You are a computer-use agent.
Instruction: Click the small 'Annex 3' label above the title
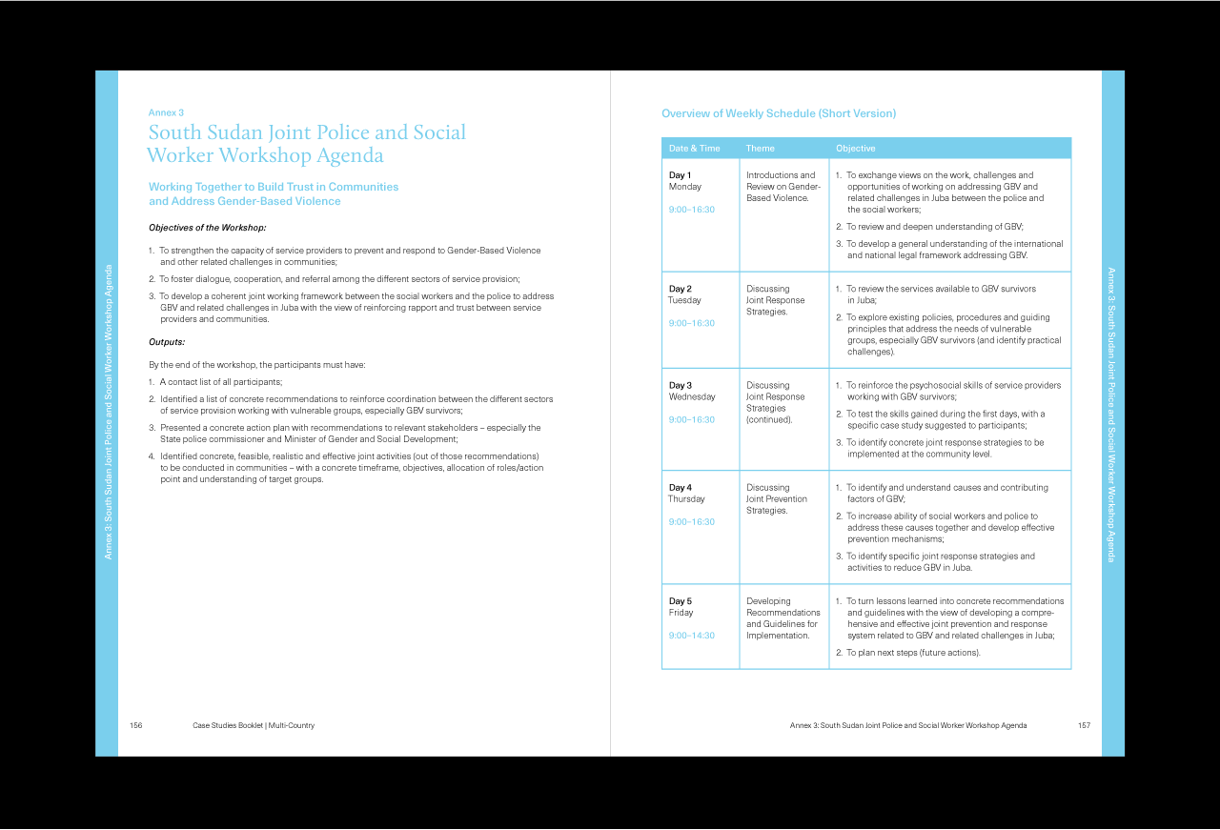click(166, 112)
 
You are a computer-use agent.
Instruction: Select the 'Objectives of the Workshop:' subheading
click(207, 228)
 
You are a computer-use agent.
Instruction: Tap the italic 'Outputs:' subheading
click(167, 342)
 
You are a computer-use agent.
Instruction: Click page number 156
click(136, 726)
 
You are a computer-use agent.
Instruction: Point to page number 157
click(1084, 726)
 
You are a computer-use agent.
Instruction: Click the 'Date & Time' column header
click(694, 149)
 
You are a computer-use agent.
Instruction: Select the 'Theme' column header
click(760, 149)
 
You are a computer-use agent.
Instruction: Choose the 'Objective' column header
click(855, 149)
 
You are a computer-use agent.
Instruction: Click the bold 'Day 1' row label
click(680, 175)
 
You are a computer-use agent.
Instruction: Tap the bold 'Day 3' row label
click(680, 386)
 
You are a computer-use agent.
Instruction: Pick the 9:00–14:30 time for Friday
click(691, 636)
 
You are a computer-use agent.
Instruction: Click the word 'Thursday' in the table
click(686, 499)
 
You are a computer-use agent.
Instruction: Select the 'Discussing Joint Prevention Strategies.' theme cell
click(776, 499)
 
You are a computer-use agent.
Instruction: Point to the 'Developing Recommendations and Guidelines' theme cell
click(783, 618)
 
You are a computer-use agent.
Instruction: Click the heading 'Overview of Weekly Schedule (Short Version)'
click(778, 114)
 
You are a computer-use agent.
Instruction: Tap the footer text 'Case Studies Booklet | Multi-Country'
click(254, 726)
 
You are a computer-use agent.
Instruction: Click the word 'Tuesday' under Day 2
click(684, 300)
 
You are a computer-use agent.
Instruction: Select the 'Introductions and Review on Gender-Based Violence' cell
click(783, 187)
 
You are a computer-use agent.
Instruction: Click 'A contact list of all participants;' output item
click(220, 382)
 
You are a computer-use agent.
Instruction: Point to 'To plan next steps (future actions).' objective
click(912, 653)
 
